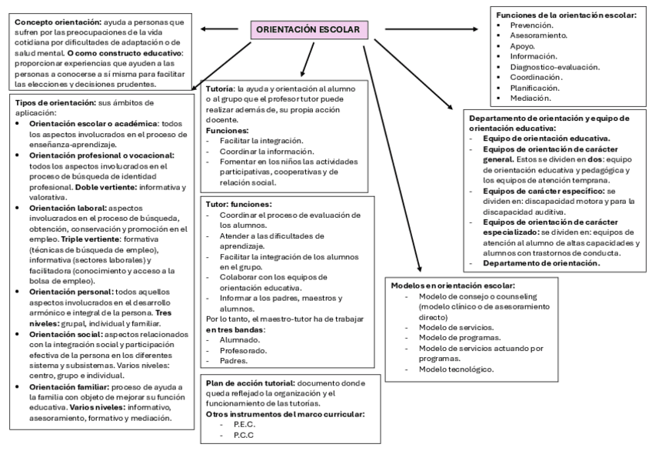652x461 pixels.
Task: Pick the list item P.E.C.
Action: [x=244, y=425]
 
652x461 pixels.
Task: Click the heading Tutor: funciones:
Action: [x=238, y=204]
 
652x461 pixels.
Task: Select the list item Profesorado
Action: [x=234, y=349]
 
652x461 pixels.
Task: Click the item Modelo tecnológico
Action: [x=455, y=369]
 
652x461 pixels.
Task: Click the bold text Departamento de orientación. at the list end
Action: [x=541, y=262]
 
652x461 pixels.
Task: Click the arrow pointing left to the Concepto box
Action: [x=218, y=29]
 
